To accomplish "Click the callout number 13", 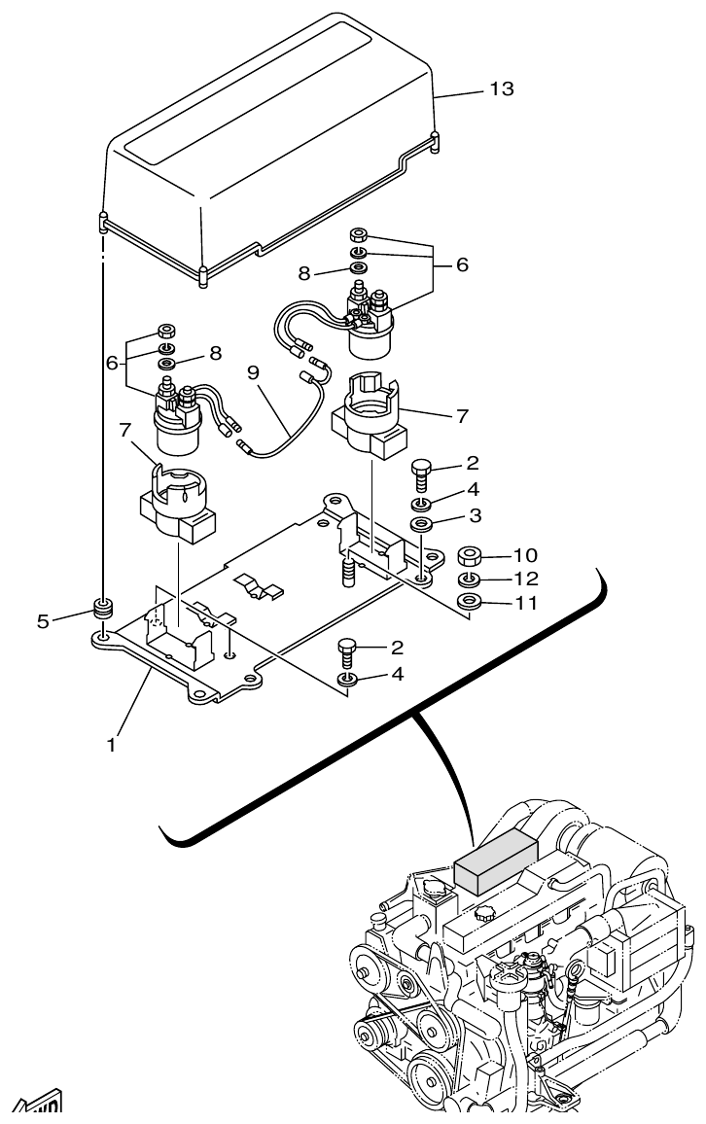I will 502,89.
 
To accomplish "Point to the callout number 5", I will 43,620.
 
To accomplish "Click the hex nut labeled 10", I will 470,557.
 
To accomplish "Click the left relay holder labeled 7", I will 174,505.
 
